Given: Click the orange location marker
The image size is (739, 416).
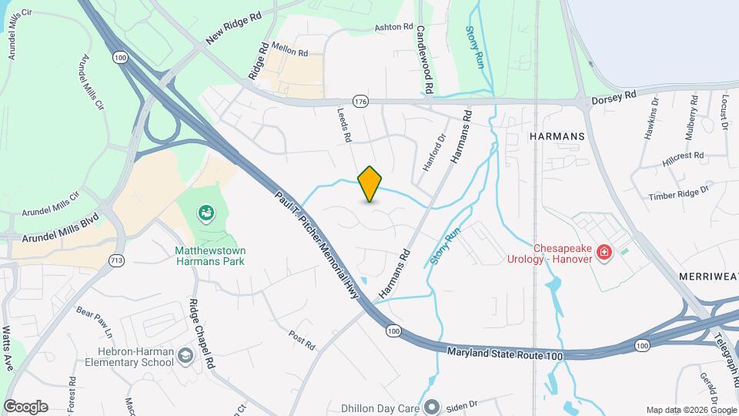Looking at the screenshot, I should (370, 183).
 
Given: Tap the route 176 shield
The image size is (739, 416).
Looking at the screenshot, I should (360, 101).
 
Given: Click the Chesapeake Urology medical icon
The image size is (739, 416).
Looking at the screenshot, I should (604, 252).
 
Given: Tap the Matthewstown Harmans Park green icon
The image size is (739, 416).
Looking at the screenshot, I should (206, 211).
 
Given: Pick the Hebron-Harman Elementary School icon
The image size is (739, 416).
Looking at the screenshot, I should (185, 355).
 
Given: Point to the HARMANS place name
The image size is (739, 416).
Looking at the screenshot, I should (557, 136).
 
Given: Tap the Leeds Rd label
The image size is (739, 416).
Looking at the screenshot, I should (344, 124).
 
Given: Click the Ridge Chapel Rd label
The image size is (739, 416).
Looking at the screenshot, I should (199, 327).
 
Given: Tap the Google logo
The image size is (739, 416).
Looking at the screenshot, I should (25, 406).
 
